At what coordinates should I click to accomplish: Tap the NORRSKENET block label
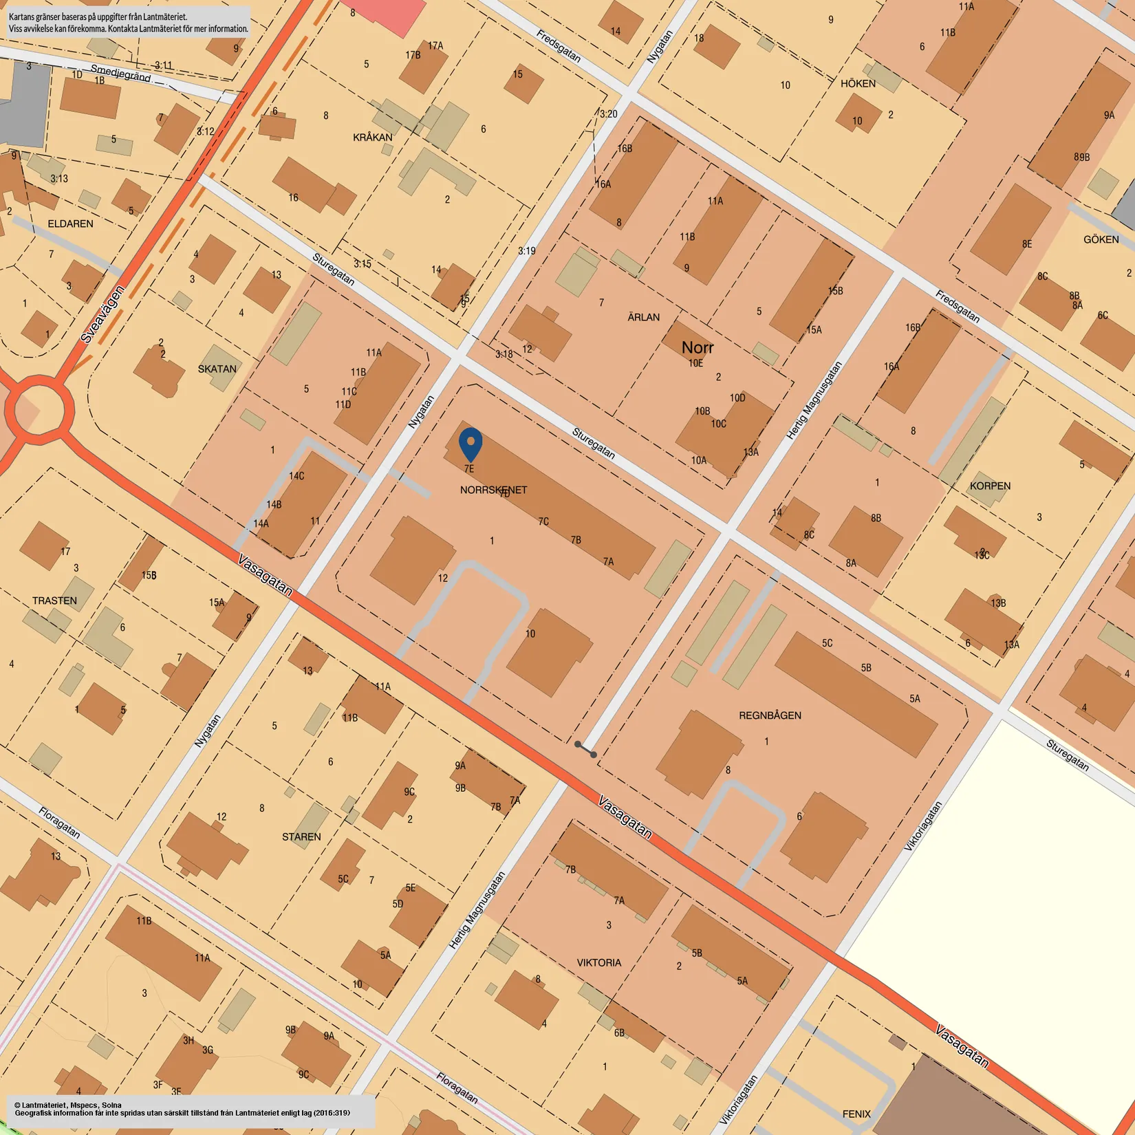493,490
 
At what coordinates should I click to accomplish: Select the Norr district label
698,347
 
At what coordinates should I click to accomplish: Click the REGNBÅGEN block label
770,715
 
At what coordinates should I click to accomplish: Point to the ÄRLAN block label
643,317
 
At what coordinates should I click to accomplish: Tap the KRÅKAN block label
372,138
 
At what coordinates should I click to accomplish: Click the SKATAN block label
217,369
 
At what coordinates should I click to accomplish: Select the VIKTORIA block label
598,962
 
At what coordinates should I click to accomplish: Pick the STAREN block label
301,836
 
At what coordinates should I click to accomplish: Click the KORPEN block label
990,486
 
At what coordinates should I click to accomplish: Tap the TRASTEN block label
54,601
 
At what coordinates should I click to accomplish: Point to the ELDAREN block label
70,224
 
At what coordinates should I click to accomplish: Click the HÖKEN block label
858,83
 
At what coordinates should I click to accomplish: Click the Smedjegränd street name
120,73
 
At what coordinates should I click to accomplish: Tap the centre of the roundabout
39,410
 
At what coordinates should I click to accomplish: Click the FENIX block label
856,1114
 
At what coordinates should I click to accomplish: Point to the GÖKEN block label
1101,239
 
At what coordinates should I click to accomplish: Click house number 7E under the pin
469,468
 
